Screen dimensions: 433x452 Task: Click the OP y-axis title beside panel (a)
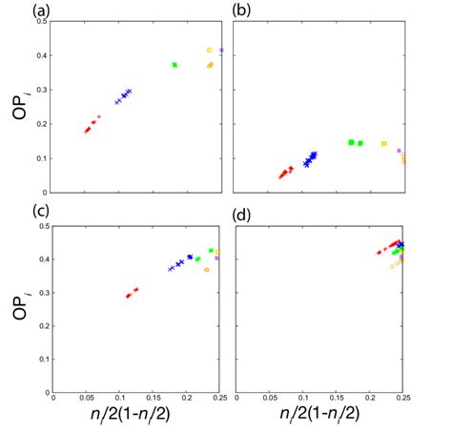21,105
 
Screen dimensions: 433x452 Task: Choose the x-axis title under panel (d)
319,416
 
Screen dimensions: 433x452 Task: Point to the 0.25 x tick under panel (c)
220,401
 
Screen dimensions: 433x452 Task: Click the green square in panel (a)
175,65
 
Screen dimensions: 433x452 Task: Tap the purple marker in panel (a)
221,50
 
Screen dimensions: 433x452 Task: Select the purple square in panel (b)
399,151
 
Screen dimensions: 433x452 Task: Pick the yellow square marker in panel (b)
383,144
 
